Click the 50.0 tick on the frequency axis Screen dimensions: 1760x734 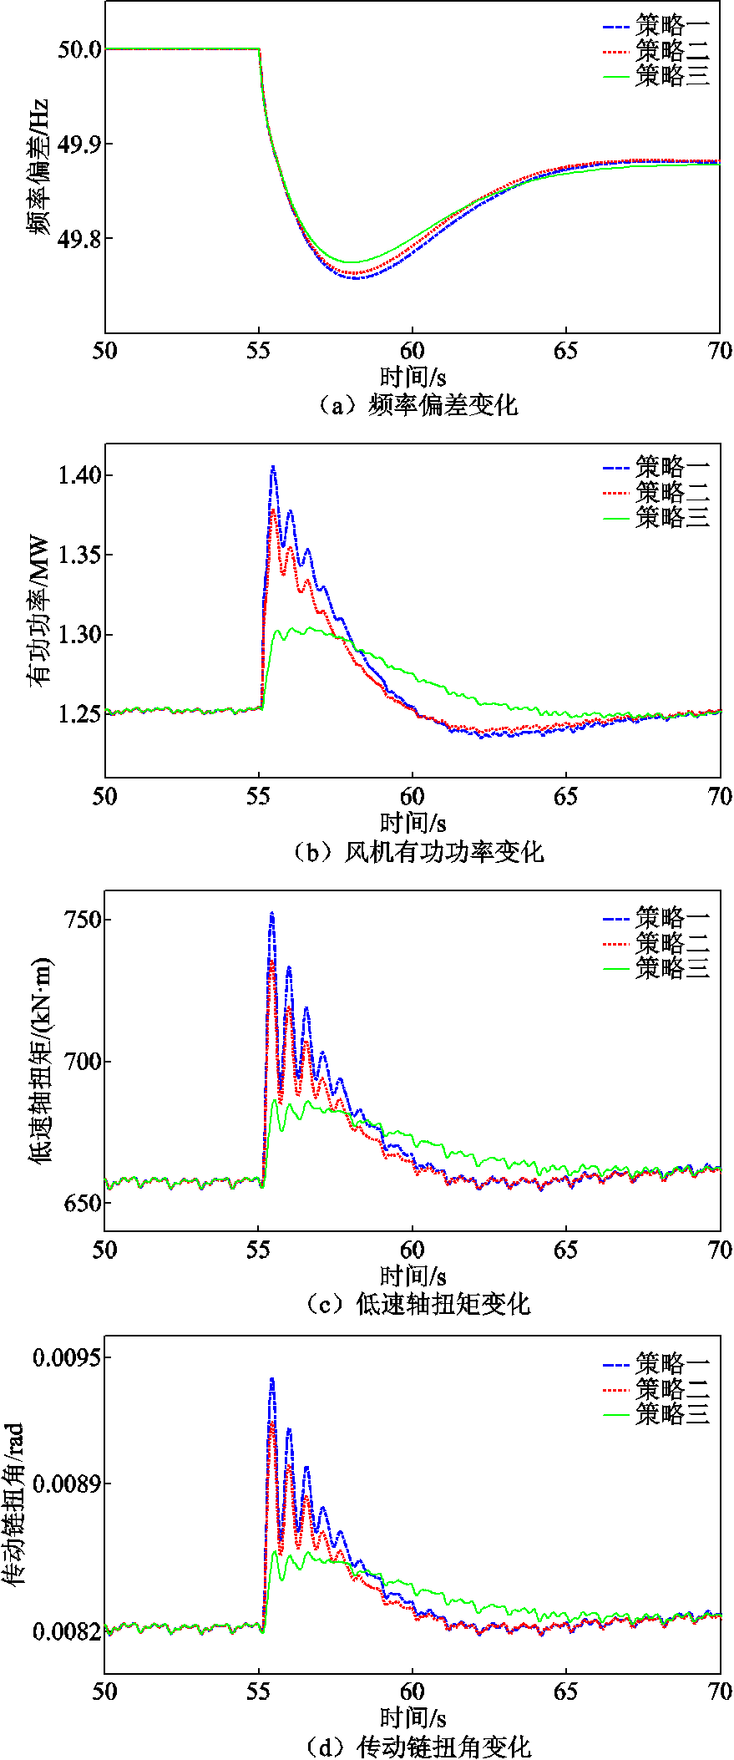tap(79, 49)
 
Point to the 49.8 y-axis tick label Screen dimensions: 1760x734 tap(79, 239)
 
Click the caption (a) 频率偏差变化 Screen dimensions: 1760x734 tap(418, 406)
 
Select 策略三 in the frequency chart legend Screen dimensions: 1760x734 tap(672, 75)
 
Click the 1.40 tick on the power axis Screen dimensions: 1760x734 tap(79, 475)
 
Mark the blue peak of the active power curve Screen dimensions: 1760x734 tap(273, 467)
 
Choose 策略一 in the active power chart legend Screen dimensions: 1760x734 tap(672, 465)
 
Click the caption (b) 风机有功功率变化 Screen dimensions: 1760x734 tap(418, 852)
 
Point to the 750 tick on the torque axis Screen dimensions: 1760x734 tap(83, 920)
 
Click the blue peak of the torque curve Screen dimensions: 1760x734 tap(271, 914)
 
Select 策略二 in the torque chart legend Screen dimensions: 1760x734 tap(672, 942)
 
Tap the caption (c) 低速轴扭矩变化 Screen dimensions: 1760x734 tap(418, 1303)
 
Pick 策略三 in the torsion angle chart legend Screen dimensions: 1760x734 tap(672, 1413)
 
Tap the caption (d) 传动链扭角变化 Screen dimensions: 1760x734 tap(418, 1746)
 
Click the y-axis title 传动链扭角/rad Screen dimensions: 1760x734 tap(13, 1504)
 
